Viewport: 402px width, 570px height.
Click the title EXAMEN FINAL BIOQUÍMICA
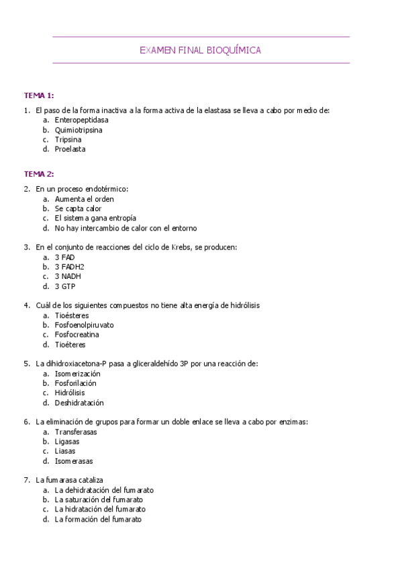tap(200, 50)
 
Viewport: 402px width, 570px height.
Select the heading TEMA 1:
tap(39, 95)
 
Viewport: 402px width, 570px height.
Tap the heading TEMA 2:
tap(39, 174)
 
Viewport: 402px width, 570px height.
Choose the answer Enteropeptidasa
tap(81, 120)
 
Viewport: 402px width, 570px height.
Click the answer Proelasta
tap(70, 149)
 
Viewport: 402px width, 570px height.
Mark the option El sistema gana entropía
tap(95, 218)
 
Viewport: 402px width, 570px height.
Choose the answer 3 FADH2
tap(70, 267)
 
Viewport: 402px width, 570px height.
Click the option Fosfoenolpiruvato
tap(84, 325)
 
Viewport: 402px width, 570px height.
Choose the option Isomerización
tap(77, 373)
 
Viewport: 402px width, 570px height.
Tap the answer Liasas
tap(65, 452)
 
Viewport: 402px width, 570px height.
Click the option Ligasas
tap(67, 442)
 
